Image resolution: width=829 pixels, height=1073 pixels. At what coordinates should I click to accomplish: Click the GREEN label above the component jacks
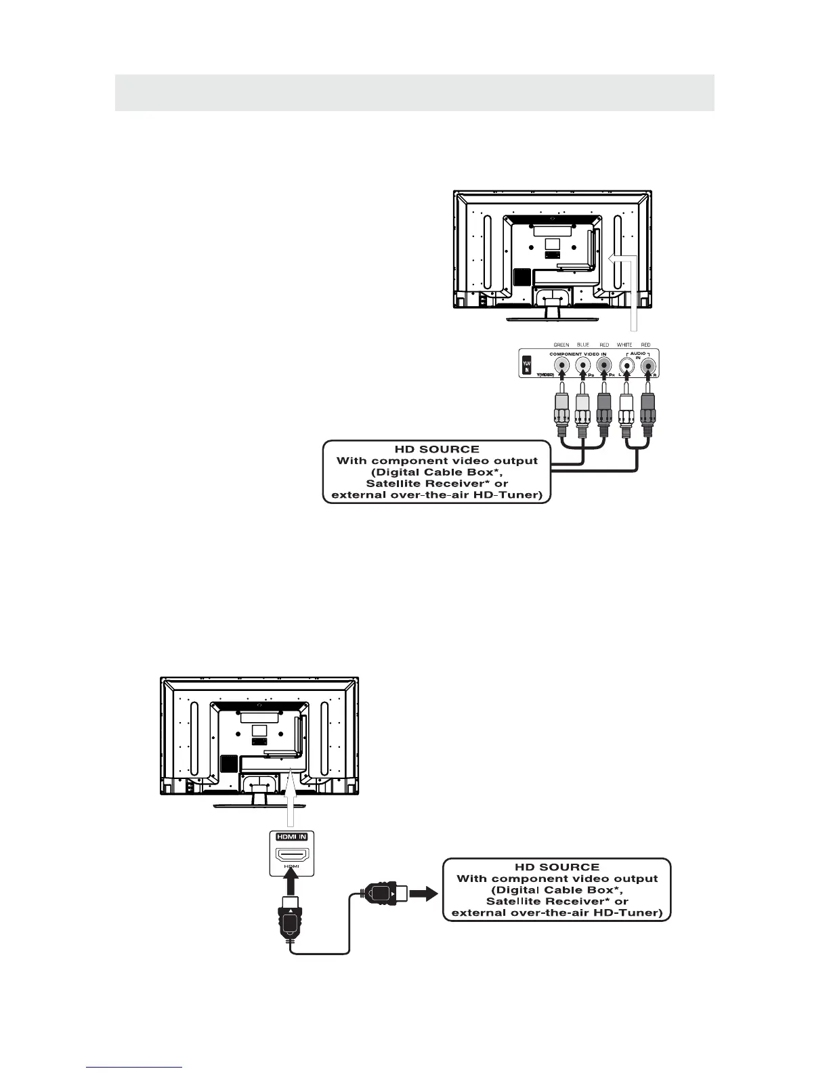point(561,345)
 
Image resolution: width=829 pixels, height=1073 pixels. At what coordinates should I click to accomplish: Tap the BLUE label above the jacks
point(582,345)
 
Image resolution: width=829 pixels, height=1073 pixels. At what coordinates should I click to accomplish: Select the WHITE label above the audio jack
point(624,345)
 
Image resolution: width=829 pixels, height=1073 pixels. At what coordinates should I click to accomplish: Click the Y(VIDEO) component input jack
point(561,366)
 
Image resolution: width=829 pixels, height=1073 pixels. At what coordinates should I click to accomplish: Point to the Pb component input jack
point(582,366)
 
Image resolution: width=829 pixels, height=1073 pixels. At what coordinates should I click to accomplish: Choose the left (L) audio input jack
point(627,366)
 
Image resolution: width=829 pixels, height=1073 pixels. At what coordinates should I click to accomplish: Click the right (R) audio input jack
point(649,366)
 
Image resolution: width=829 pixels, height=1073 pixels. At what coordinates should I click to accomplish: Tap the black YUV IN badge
point(528,366)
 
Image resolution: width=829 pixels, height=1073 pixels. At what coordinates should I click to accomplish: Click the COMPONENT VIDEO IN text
point(578,354)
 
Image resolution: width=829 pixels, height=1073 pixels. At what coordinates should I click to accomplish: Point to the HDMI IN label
point(291,837)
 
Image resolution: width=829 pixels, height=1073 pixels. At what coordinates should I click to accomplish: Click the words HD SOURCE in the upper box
point(437,449)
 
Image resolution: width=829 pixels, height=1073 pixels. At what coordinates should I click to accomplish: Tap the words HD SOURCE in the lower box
point(557,867)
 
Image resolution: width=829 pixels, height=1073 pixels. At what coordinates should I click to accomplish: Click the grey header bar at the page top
point(414,92)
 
